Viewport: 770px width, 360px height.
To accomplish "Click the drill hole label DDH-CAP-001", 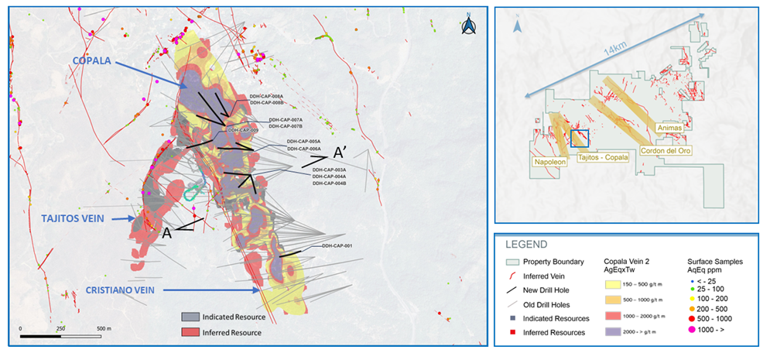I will [x=337, y=246].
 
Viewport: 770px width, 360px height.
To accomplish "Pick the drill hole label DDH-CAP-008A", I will [x=267, y=96].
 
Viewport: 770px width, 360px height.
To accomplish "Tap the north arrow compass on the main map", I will [x=468, y=26].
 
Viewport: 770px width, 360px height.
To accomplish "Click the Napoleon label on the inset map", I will [x=552, y=163].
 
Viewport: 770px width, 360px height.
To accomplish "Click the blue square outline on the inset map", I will [x=579, y=139].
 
